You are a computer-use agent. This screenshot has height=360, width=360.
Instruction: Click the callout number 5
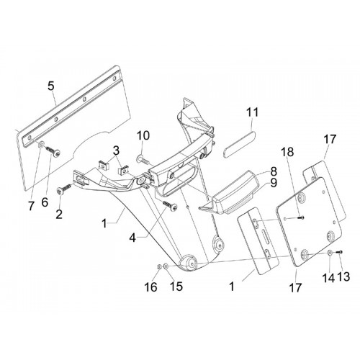point(51,86)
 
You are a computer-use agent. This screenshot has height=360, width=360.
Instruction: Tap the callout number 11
point(253,112)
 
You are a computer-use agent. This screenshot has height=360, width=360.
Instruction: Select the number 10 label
point(143,135)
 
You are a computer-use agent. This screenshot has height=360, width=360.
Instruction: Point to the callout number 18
point(288,152)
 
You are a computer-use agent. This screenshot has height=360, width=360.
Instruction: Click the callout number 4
point(133,238)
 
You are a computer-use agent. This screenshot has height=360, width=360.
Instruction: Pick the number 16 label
point(150,287)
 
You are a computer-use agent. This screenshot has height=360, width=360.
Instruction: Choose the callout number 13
point(343,276)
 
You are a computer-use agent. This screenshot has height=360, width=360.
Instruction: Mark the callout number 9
point(274,183)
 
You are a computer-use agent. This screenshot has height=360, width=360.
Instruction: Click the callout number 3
point(116,151)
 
